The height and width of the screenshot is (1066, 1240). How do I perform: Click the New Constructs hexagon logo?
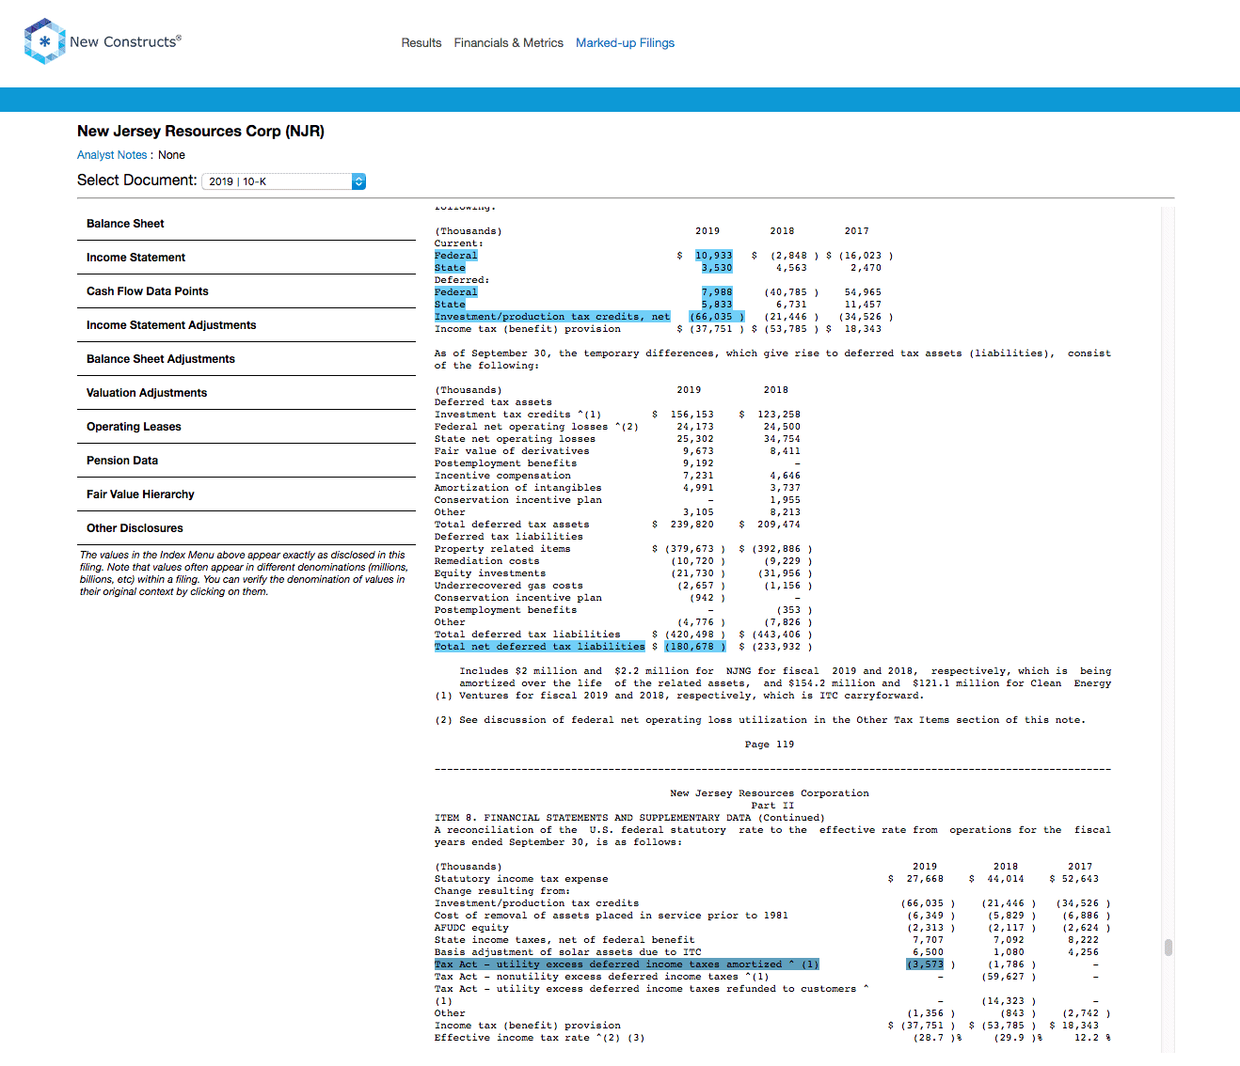pos(44,41)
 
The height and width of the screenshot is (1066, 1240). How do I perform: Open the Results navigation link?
pos(421,43)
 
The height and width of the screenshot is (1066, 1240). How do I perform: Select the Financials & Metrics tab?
pos(508,43)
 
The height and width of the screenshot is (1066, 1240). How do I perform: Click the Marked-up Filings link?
pos(625,43)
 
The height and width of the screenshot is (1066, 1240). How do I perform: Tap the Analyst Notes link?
pos(112,155)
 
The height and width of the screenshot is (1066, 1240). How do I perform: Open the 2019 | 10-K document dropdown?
pos(284,181)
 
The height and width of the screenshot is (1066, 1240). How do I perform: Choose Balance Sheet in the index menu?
pos(125,224)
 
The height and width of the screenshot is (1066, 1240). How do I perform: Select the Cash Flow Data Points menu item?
pos(147,291)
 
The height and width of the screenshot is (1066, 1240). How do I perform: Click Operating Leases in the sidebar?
pos(134,427)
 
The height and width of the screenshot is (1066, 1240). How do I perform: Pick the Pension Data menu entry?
pos(121,461)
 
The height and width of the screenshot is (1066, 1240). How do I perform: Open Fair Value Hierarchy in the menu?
pos(140,494)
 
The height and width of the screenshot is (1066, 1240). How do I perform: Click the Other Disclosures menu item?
pos(135,528)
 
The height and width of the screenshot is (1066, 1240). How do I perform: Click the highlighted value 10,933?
pos(713,256)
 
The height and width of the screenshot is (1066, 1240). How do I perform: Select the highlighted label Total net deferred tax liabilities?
pos(539,647)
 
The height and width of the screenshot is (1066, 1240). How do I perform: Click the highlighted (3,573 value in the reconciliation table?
pos(925,964)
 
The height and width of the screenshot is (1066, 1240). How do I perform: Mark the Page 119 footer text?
pos(769,745)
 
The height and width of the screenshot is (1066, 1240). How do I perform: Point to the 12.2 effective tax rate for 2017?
pos(1087,1037)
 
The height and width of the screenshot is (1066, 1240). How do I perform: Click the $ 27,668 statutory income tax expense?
pos(915,878)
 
